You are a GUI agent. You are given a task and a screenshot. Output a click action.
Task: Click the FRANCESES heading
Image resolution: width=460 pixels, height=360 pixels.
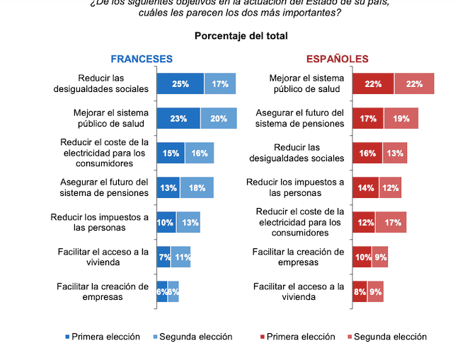click(142, 59)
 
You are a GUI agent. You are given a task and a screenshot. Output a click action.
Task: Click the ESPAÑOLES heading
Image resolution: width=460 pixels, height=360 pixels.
click(337, 59)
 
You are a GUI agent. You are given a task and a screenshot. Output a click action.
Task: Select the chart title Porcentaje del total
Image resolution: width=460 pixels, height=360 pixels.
click(241, 35)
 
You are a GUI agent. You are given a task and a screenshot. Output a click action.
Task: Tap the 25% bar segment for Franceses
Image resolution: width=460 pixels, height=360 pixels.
click(180, 83)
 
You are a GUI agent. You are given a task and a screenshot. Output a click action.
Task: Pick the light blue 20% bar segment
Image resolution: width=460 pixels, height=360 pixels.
click(219, 119)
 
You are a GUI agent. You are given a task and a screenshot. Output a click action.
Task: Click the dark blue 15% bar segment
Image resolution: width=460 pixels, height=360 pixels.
click(171, 153)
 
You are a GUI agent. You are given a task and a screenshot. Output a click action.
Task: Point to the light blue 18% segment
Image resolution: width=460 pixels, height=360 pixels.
click(197, 187)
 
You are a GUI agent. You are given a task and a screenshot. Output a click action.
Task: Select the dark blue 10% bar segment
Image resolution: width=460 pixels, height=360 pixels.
click(166, 221)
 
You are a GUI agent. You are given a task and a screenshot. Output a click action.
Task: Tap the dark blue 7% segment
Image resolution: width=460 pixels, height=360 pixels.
click(163, 257)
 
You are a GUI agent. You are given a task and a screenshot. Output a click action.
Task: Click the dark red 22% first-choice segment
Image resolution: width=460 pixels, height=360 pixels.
click(373, 83)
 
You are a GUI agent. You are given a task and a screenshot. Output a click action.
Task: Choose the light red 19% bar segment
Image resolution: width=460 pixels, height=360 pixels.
click(401, 119)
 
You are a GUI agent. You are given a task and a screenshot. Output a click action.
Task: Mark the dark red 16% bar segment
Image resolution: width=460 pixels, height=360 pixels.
click(367, 153)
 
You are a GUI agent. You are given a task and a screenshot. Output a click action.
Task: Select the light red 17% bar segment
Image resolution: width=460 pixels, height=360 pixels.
click(390, 221)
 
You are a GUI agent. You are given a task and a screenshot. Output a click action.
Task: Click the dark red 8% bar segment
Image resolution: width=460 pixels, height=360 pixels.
click(360, 291)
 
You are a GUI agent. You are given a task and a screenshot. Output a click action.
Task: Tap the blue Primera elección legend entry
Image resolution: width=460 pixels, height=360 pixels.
click(98, 337)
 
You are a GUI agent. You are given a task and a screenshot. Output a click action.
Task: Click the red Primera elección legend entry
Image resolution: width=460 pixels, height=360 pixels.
click(298, 337)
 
